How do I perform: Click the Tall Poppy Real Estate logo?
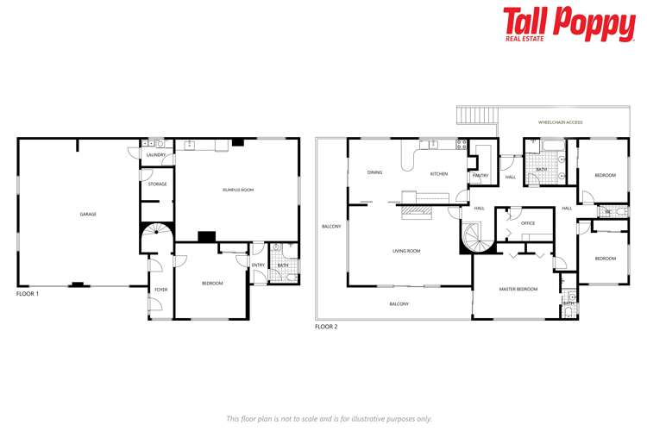point(568,23)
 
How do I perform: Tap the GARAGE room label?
point(88,214)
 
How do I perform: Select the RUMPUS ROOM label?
point(237,190)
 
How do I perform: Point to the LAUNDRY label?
point(156,155)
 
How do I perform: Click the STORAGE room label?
point(157,184)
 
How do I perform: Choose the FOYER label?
point(160,289)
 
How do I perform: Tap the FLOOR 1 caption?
point(28,294)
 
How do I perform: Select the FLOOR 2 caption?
point(326,327)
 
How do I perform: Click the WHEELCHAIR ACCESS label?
point(560,122)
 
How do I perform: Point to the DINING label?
point(374,172)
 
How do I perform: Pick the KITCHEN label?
point(439,174)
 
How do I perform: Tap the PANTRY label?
point(481,176)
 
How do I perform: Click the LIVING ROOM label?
point(405,251)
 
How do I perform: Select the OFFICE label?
point(528,223)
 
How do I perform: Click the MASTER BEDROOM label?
point(518,289)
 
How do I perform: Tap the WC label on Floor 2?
point(607,210)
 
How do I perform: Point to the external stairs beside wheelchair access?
point(475,115)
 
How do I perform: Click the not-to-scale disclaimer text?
point(329,418)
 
